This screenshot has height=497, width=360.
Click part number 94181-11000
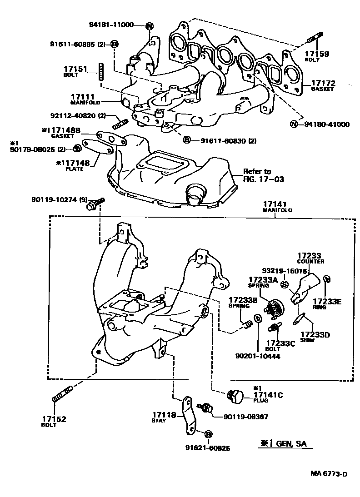[x=111, y=25]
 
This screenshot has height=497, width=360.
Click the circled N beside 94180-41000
[x=294, y=124]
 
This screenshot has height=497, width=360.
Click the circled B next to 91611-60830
[x=186, y=140]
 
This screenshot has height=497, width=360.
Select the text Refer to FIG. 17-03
[x=263, y=175]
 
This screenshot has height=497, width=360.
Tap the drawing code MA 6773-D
[x=329, y=474]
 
